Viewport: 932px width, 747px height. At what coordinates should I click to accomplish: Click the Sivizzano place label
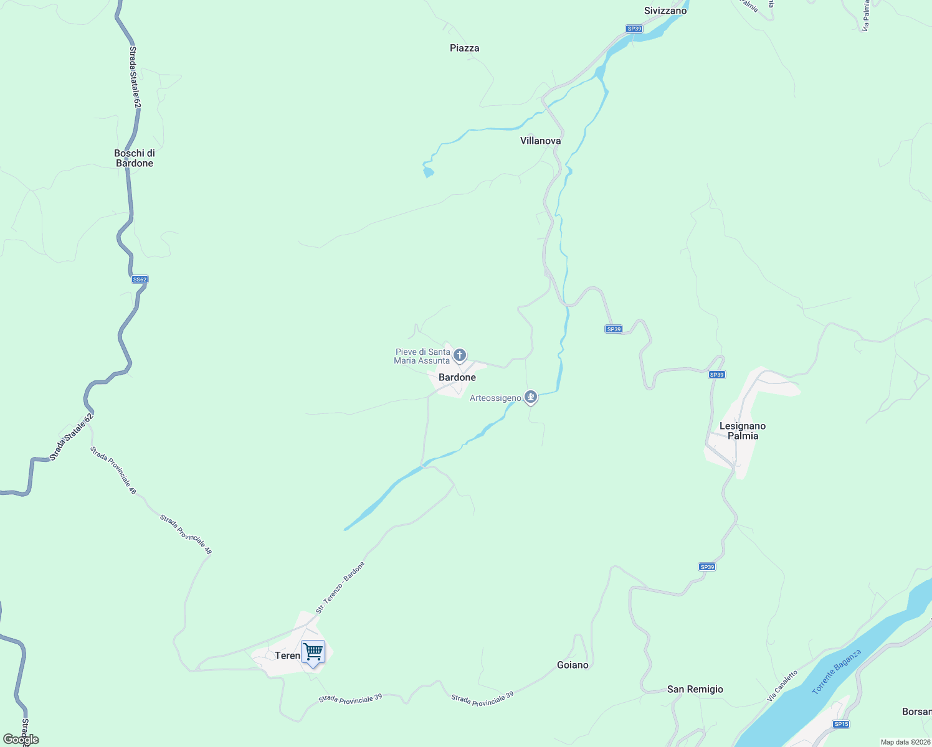(665, 11)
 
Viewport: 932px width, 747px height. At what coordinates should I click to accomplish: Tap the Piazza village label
(464, 48)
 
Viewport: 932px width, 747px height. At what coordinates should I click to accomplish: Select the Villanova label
(540, 141)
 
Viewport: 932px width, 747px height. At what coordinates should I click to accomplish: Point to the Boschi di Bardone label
(134, 158)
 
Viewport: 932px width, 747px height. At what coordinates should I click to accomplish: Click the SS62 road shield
(140, 280)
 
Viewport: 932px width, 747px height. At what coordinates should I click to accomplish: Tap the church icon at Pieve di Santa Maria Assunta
(460, 355)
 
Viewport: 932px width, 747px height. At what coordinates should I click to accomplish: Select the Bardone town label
(457, 377)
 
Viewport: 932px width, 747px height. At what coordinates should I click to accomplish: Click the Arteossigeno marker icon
(531, 397)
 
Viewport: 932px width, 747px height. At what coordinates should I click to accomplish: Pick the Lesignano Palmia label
(743, 431)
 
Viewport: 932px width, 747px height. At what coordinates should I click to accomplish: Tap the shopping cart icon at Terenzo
(313, 652)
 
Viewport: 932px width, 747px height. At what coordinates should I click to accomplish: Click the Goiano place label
(572, 665)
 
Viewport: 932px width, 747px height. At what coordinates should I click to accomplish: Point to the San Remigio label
(695, 689)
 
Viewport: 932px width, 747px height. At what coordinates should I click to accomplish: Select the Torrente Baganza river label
(836, 672)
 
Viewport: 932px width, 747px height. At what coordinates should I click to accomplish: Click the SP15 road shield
(841, 724)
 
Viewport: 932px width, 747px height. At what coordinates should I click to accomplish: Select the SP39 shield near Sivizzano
(634, 29)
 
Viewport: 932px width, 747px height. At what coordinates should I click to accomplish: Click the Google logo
(21, 740)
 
